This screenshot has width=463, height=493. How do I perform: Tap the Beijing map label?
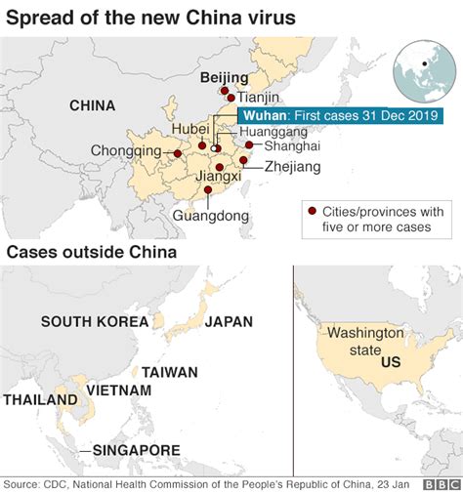click(x=224, y=77)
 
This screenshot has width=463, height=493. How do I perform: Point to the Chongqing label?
click(x=126, y=151)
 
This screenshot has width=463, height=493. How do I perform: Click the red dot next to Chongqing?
click(x=177, y=153)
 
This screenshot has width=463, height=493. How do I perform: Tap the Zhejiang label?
click(x=292, y=167)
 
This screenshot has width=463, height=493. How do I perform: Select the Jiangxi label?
click(x=218, y=177)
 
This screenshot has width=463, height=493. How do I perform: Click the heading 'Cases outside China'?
click(x=91, y=253)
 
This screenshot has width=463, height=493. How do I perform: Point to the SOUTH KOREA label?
click(x=95, y=321)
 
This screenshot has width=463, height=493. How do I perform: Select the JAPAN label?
click(x=230, y=321)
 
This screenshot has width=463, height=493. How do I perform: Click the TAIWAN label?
click(x=170, y=372)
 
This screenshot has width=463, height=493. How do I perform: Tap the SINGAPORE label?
click(x=136, y=450)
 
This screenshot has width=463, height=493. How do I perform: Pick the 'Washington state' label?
click(x=364, y=340)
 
